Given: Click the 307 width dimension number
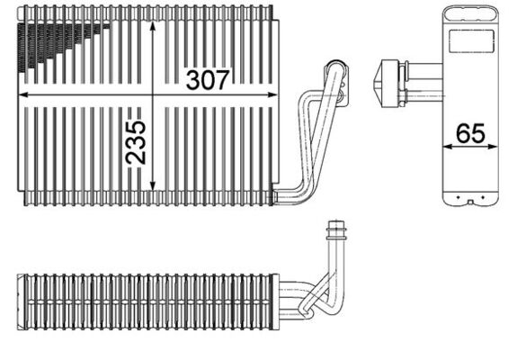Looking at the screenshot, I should [x=209, y=80].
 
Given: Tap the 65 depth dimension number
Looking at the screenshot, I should [x=470, y=133].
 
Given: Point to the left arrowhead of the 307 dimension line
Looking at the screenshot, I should [x=22, y=93].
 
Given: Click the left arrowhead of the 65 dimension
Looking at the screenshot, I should [x=445, y=147].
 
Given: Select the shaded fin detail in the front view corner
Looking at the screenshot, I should [x=54, y=40].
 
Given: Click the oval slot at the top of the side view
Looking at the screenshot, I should [x=468, y=13].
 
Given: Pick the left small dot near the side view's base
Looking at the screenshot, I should [x=458, y=196].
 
